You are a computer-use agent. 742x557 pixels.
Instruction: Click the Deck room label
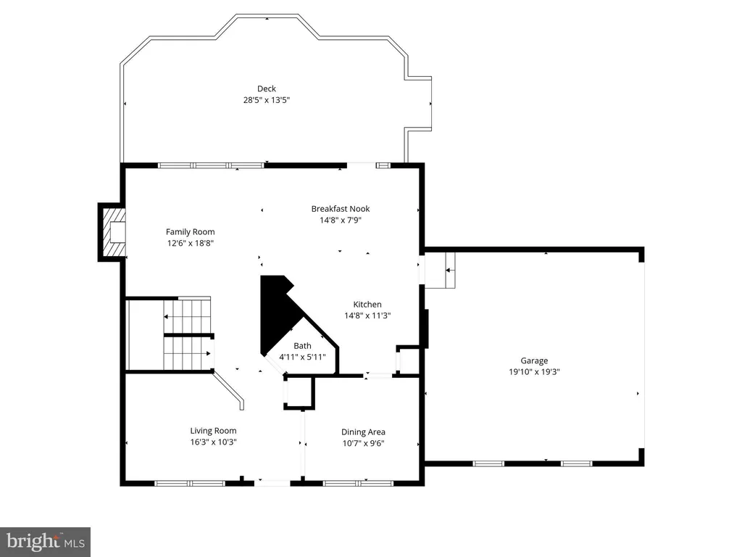pos(267,88)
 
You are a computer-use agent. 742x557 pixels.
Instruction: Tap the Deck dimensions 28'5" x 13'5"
pos(267,100)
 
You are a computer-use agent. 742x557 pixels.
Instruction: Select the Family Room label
pos(191,232)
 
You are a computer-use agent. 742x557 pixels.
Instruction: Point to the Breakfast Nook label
pos(341,209)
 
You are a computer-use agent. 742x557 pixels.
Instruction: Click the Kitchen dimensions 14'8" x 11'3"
pos(367,316)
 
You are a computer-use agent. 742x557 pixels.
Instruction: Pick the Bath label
pos(302,346)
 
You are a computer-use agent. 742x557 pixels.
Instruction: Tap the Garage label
pos(534,361)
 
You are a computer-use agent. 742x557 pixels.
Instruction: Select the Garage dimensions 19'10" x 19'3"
pos(534,372)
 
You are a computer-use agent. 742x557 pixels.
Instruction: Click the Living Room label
pos(214,431)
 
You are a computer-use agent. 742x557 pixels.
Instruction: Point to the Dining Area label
pos(364,432)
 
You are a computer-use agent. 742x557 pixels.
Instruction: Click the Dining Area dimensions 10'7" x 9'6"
pos(364,443)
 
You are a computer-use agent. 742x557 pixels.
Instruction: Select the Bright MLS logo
pos(46,542)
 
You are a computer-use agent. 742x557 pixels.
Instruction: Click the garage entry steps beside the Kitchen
pos(440,270)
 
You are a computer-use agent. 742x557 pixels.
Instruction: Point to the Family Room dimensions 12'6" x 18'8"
pos(191,244)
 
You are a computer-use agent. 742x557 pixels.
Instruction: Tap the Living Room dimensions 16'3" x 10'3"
pos(214,442)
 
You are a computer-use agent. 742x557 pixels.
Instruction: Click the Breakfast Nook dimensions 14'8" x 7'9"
pos(341,220)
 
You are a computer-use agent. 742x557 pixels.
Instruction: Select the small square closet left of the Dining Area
pos(299,392)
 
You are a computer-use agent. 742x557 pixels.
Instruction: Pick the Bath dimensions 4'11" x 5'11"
pos(302,357)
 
